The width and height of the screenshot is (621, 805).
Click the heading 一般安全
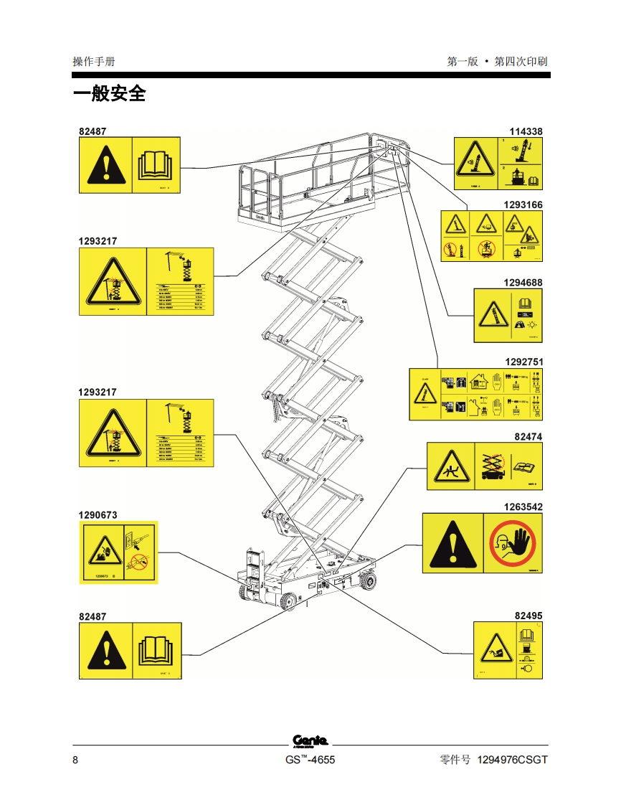pyautogui.click(x=109, y=94)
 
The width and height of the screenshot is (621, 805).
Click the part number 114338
pyautogui.click(x=526, y=131)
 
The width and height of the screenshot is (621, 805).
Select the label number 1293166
pyautogui.click(x=523, y=204)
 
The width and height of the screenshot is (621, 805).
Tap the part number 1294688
pyautogui.click(x=523, y=283)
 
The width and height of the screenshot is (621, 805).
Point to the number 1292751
pyautogui.click(x=523, y=362)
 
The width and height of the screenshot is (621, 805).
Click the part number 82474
pyautogui.click(x=528, y=436)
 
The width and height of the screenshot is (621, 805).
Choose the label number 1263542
pyautogui.click(x=523, y=507)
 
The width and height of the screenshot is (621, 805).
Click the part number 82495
pyautogui.click(x=528, y=616)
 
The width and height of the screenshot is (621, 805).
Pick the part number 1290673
pyautogui.click(x=98, y=514)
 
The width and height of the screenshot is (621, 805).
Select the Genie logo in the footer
pyautogui.click(x=310, y=741)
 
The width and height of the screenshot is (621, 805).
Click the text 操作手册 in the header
pyautogui.click(x=93, y=62)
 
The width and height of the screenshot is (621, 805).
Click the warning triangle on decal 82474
pyautogui.click(x=450, y=467)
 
